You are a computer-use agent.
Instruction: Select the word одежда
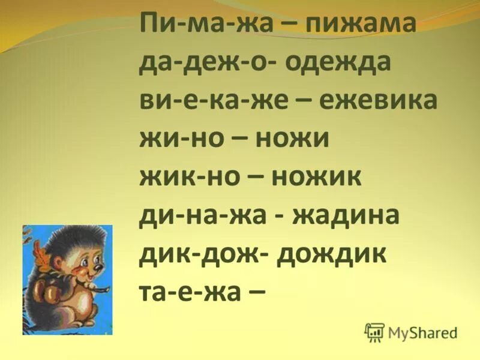click(x=341, y=63)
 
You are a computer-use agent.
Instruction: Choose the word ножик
click(x=316, y=176)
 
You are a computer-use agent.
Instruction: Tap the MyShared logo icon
click(x=374, y=331)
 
